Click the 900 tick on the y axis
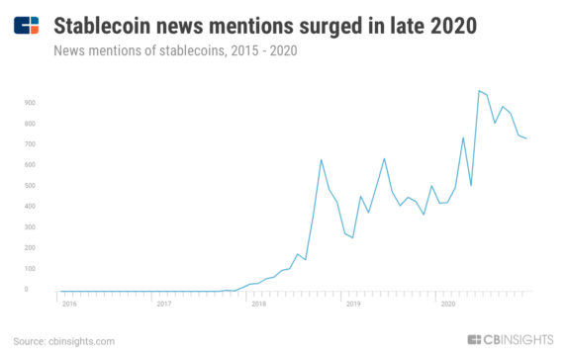30,102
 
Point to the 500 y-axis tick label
30,185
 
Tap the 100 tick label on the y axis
30,269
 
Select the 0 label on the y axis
32,290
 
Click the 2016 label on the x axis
69,304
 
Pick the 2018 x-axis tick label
258,304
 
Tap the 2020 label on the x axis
447,304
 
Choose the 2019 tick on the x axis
353,304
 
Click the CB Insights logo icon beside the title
28,24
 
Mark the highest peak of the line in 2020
479,91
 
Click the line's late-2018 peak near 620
322,159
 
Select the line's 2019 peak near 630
384,158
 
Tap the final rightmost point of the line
526,138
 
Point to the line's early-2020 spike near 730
463,137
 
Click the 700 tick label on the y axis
30,143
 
